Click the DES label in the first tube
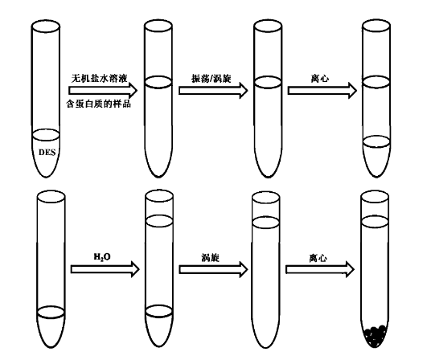(47, 152)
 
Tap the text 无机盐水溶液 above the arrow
(100, 78)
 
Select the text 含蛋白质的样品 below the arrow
(98, 104)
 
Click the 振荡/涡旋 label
(211, 79)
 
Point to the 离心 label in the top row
(320, 79)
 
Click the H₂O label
(102, 257)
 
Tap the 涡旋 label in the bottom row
(211, 258)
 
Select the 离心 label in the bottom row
(318, 258)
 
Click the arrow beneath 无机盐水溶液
(103, 91)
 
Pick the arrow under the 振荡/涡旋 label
(213, 91)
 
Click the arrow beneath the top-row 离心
(322, 91)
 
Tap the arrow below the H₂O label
(105, 269)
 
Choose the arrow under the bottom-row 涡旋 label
(213, 269)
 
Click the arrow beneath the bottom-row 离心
(320, 269)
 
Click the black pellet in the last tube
(375, 336)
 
